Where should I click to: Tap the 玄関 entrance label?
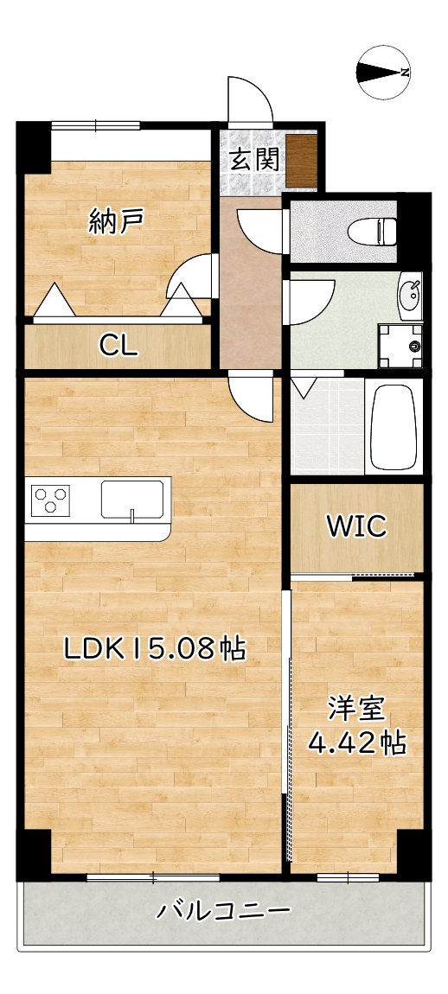253,159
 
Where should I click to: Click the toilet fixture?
372,231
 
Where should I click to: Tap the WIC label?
355,526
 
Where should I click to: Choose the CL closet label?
118,346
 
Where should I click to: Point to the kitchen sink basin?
131,500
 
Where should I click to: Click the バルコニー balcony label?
224,910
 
